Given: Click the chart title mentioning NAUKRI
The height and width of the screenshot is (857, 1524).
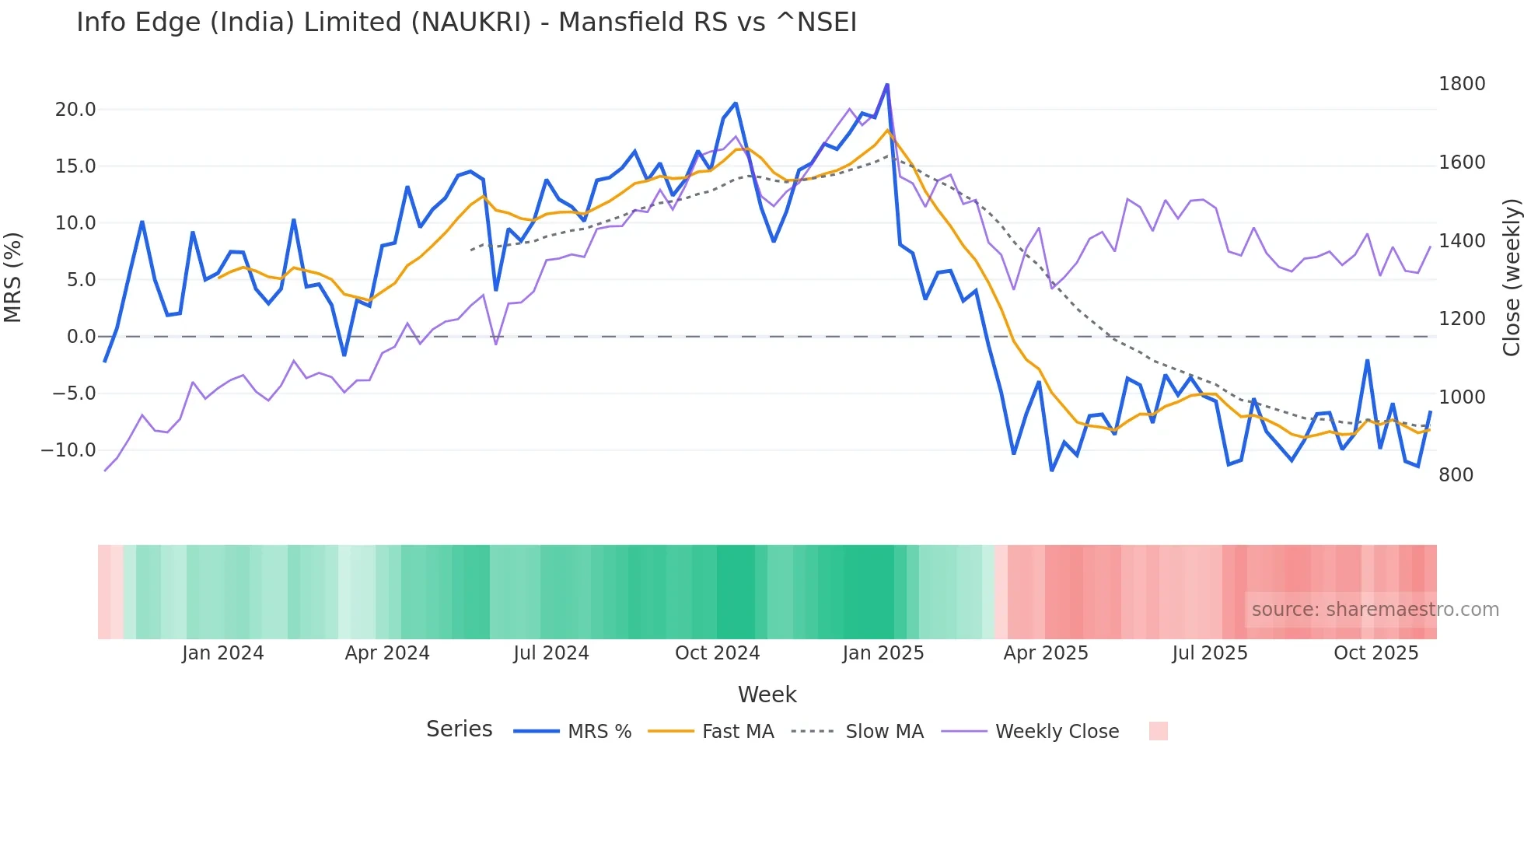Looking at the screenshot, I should (x=467, y=23).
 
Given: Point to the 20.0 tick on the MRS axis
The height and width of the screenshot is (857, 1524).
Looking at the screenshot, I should (x=75, y=110).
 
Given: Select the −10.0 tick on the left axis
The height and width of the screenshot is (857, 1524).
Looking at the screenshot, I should (x=69, y=450).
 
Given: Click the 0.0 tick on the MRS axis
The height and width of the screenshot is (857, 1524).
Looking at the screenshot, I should (x=81, y=337).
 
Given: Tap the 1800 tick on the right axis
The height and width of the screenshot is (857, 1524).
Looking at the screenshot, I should (x=1462, y=84).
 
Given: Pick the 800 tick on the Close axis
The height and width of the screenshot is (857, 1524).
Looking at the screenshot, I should (x=1456, y=475).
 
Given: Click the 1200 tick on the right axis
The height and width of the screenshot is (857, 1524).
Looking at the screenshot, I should (x=1462, y=319).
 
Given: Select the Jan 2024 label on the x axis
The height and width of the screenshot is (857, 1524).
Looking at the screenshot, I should (x=223, y=653).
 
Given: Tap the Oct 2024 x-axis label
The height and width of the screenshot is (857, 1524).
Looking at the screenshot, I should (x=717, y=653).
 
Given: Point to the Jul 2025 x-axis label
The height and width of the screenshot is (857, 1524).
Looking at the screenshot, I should (x=1210, y=653).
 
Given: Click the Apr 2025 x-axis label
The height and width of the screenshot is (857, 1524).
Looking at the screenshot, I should (x=1046, y=653).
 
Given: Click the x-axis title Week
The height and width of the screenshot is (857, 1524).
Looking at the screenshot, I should (x=767, y=694).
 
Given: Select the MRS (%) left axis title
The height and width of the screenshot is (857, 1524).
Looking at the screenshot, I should (x=13, y=278).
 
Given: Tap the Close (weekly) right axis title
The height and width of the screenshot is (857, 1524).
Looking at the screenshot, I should (x=1512, y=278).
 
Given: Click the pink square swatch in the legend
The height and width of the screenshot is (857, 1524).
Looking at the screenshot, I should (x=1158, y=731).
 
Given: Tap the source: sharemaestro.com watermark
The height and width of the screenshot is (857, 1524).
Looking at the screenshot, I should (x=1375, y=610).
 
